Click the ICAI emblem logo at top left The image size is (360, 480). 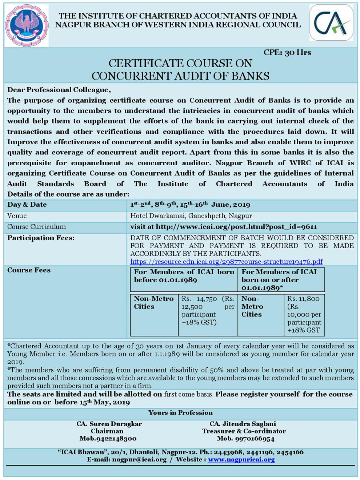(27, 25)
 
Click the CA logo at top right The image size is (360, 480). (331, 23)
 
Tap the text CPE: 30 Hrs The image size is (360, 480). (287, 53)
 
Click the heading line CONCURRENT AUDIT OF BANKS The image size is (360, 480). (180, 76)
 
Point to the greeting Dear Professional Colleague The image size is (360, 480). (59, 90)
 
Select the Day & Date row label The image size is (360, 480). (27, 205)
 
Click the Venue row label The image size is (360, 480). (17, 216)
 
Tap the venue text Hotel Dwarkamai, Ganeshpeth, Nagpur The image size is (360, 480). (191, 216)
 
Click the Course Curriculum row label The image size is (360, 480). (36, 227)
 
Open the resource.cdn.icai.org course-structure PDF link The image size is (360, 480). (226, 262)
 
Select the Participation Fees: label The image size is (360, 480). (41, 238)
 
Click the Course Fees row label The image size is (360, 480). (29, 270)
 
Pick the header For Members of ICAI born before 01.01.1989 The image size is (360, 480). (184, 276)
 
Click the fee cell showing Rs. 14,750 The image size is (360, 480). (208, 310)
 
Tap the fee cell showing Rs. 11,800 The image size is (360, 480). (304, 314)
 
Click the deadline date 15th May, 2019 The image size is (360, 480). (105, 402)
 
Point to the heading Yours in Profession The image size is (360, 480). (180, 413)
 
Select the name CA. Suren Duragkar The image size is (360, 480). (109, 424)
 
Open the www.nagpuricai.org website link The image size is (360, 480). (241, 460)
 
